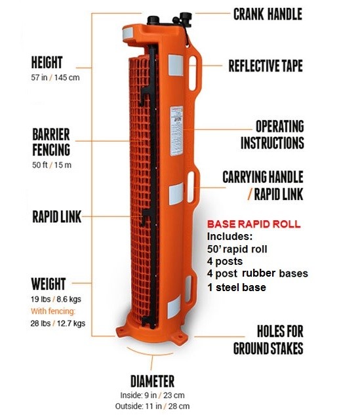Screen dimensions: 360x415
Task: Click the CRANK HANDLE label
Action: pyautogui.click(x=268, y=14)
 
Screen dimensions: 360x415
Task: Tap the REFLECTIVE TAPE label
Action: pyautogui.click(x=266, y=66)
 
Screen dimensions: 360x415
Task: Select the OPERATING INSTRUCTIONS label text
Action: pyautogui.click(x=272, y=134)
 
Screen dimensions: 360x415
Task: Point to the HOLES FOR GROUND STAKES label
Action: pyautogui.click(x=268, y=340)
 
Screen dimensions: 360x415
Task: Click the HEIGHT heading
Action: pyautogui.click(x=47, y=62)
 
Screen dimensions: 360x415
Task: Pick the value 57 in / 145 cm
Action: pyautogui.click(x=55, y=77)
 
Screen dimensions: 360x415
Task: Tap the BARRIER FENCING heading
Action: pyautogui.click(x=51, y=142)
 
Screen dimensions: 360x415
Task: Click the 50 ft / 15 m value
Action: pyautogui.click(x=52, y=165)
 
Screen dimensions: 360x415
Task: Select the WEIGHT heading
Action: pyautogui.click(x=48, y=284)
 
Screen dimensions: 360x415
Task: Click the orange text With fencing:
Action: pyautogui.click(x=53, y=311)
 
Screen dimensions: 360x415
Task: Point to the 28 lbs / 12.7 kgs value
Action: pyautogui.click(x=58, y=323)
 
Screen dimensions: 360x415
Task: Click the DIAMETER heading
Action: pyautogui.click(x=153, y=381)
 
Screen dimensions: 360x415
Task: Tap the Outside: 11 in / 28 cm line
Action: pyautogui.click(x=152, y=406)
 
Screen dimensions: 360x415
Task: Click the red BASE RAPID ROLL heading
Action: pyautogui.click(x=254, y=224)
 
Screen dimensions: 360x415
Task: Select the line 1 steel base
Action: pyautogui.click(x=236, y=287)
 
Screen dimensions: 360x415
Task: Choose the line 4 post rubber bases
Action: pyautogui.click(x=257, y=273)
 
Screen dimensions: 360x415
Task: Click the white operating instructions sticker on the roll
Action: pyautogui.click(x=176, y=130)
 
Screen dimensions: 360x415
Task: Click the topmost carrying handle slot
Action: pyautogui.click(x=193, y=73)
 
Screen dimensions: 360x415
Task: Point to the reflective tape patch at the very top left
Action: pyautogui.click(x=127, y=33)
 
